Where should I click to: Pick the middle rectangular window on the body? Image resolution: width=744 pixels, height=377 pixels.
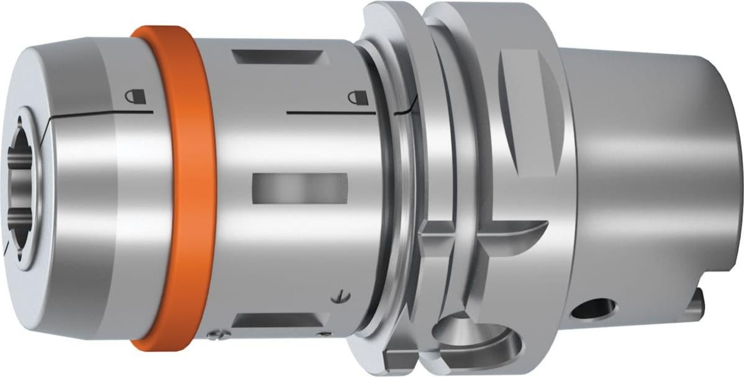(x=300, y=186)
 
